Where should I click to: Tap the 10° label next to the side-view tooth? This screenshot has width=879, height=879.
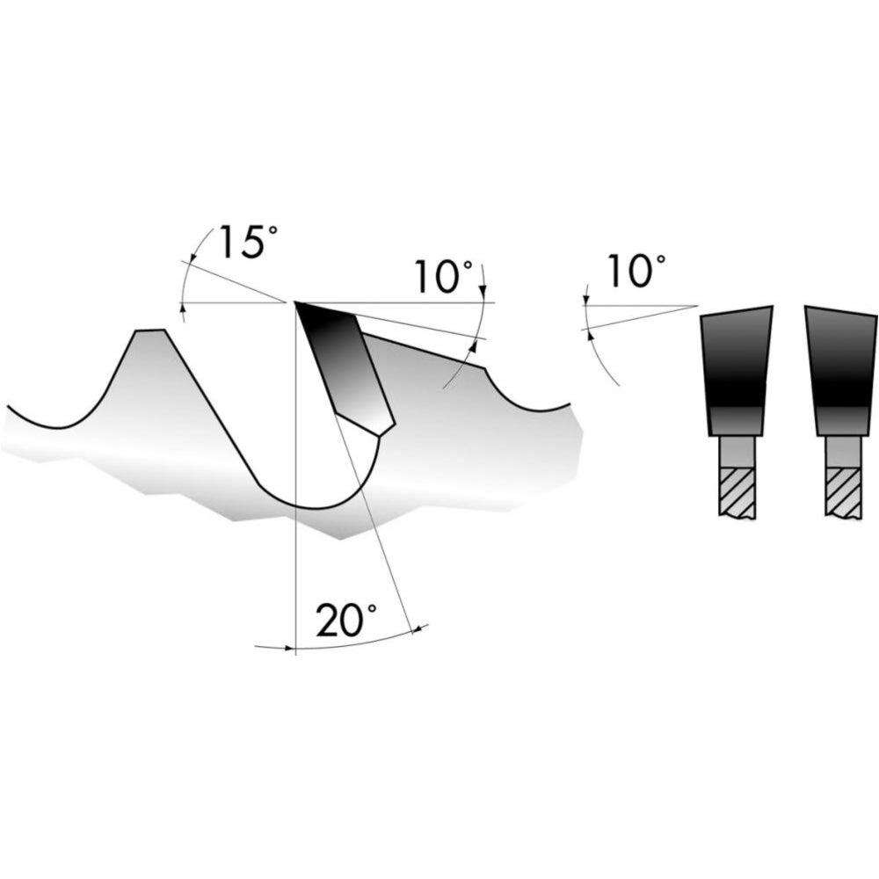tap(443, 276)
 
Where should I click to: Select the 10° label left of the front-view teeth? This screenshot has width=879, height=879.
tap(636, 272)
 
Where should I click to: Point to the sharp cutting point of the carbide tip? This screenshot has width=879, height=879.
tap(294, 302)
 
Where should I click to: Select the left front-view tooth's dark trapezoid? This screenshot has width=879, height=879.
tap(736, 370)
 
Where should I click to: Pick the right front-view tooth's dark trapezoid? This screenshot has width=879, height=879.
tap(841, 370)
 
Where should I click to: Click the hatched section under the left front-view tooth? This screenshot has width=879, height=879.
tap(737, 491)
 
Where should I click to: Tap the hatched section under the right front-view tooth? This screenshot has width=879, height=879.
tap(843, 491)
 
